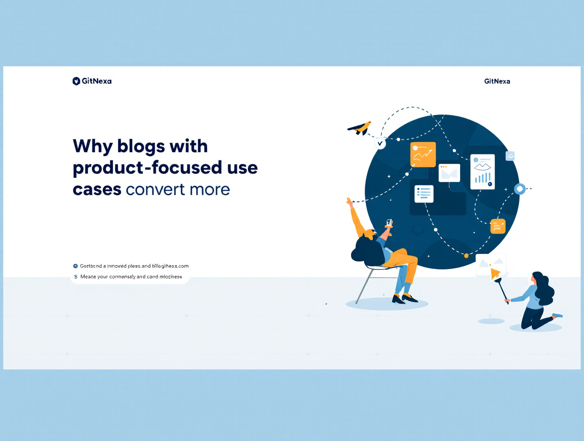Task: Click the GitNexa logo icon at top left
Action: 76,81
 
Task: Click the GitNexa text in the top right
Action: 497,81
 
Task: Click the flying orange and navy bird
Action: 360,128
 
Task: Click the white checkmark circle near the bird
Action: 380,143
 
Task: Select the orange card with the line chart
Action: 423,154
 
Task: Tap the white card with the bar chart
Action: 482,171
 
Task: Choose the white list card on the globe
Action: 424,194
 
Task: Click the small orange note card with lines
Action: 498,226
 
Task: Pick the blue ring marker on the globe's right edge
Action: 520,189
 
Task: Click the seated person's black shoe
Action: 409,299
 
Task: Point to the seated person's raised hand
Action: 349,201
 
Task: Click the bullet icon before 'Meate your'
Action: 76,277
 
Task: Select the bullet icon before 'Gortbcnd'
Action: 75,266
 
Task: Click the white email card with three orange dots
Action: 449,173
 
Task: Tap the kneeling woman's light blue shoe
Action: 557,315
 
